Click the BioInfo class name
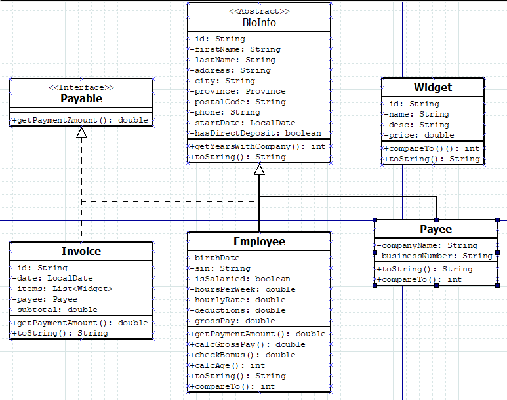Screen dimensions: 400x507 259,22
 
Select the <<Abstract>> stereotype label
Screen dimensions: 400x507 259,12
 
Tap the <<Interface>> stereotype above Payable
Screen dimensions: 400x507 81,87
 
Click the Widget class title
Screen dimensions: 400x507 433,87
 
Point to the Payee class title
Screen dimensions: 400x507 436,229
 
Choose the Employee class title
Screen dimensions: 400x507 259,241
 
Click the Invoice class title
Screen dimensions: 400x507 81,251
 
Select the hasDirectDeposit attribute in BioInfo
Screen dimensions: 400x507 256,133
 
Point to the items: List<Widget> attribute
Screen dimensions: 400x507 63,289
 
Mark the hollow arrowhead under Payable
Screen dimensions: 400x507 81,133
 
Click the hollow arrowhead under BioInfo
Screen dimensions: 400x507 259,169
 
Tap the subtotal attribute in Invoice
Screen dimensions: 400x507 54,310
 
